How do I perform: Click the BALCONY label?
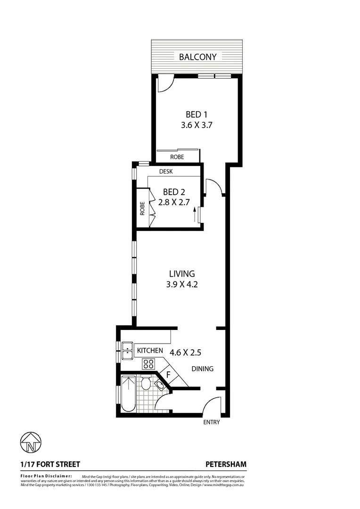point(197,57)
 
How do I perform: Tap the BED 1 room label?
point(196,115)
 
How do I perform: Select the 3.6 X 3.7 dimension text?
point(198,126)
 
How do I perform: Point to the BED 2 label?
point(174,192)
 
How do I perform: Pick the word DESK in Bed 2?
point(165,172)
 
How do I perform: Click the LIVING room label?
point(182,274)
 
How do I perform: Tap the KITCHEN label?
point(150,351)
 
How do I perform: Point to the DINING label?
point(202,369)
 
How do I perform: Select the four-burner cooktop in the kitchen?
point(148,363)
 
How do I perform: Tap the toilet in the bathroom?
point(146,383)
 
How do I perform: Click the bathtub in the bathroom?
point(128,394)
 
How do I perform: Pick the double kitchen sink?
point(127,351)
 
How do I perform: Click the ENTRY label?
point(212,422)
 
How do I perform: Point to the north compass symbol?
point(31,443)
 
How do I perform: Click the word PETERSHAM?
point(226,464)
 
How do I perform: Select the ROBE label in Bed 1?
point(177,157)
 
